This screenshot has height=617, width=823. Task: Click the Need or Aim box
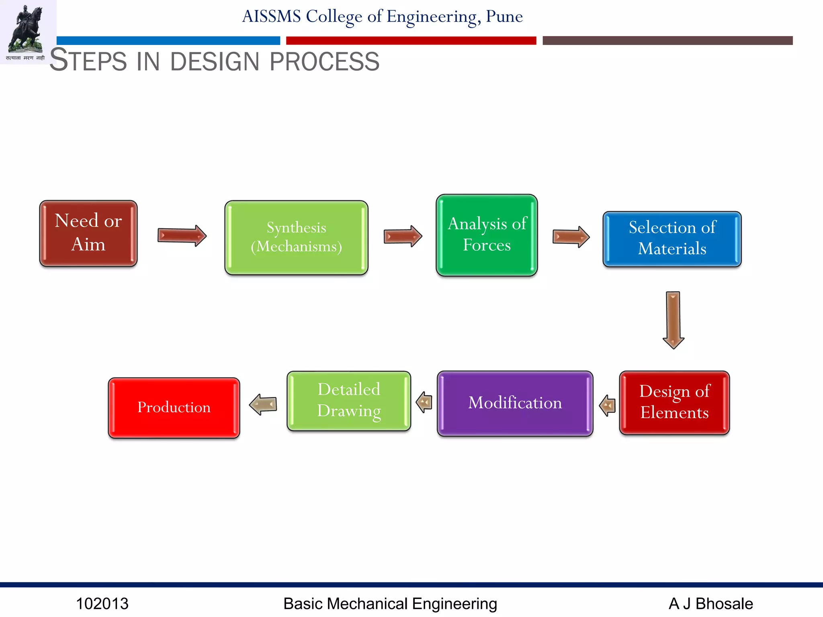88,233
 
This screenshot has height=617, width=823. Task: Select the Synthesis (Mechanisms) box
297,237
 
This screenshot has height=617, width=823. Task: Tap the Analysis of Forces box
487,235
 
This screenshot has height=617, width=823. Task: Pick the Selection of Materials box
672,239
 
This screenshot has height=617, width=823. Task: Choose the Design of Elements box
674,402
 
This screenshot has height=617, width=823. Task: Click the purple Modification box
515,403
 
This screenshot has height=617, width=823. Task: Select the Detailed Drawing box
349,401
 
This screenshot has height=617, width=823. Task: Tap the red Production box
174,408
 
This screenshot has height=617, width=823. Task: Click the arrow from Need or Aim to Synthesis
182,235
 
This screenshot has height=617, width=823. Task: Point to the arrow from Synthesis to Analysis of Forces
403,236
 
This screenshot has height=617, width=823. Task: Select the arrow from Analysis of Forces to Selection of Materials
571,237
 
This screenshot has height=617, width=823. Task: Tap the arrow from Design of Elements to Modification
607,405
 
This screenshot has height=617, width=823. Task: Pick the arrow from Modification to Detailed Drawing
424,402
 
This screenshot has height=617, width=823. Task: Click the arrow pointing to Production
263,404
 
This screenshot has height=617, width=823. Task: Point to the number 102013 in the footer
102,604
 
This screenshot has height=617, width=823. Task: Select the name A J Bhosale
710,604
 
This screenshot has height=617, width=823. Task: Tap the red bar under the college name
411,41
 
